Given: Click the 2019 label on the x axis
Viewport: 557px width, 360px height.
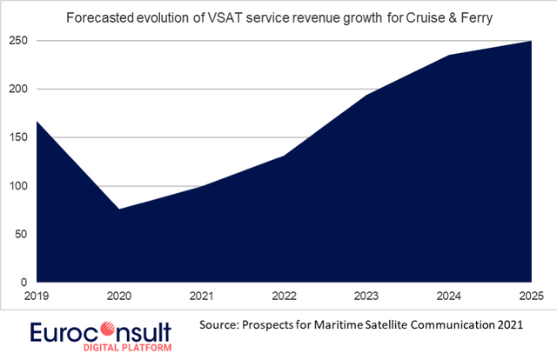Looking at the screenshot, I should [x=37, y=296].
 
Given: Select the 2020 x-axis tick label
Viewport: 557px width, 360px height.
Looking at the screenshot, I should [x=118, y=296].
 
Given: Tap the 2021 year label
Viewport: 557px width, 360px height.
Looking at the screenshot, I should [x=202, y=296].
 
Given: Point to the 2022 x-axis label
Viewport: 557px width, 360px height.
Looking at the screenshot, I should [x=284, y=296].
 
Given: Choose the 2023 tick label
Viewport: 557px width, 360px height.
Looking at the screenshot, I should [x=366, y=296].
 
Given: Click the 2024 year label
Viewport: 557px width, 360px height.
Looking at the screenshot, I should [x=449, y=296].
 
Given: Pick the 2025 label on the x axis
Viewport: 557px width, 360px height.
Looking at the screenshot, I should [x=530, y=296].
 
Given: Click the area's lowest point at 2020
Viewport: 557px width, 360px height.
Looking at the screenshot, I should [x=118, y=209].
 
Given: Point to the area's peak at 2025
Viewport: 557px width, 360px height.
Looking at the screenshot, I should [x=531, y=41].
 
